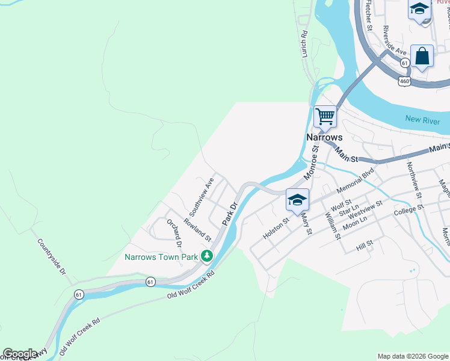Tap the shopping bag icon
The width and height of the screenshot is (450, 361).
click(422, 56)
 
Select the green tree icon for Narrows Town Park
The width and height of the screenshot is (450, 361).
click(207, 256)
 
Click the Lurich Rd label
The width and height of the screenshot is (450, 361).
click(304, 45)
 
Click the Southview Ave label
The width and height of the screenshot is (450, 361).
click(202, 197)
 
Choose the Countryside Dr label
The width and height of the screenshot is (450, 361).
click(51, 257)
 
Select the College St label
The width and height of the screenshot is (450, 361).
click(408, 210)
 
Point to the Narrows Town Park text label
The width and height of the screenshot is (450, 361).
click(161, 257)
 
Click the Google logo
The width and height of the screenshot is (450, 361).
click(20, 354)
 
